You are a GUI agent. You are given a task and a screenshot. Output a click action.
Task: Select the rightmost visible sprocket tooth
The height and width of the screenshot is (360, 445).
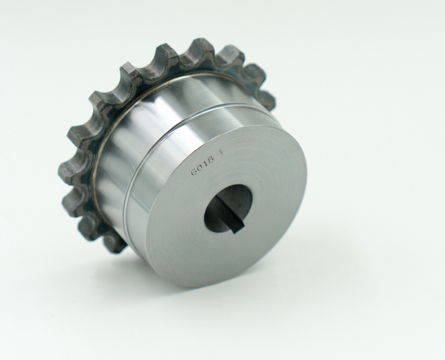(267, 99)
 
